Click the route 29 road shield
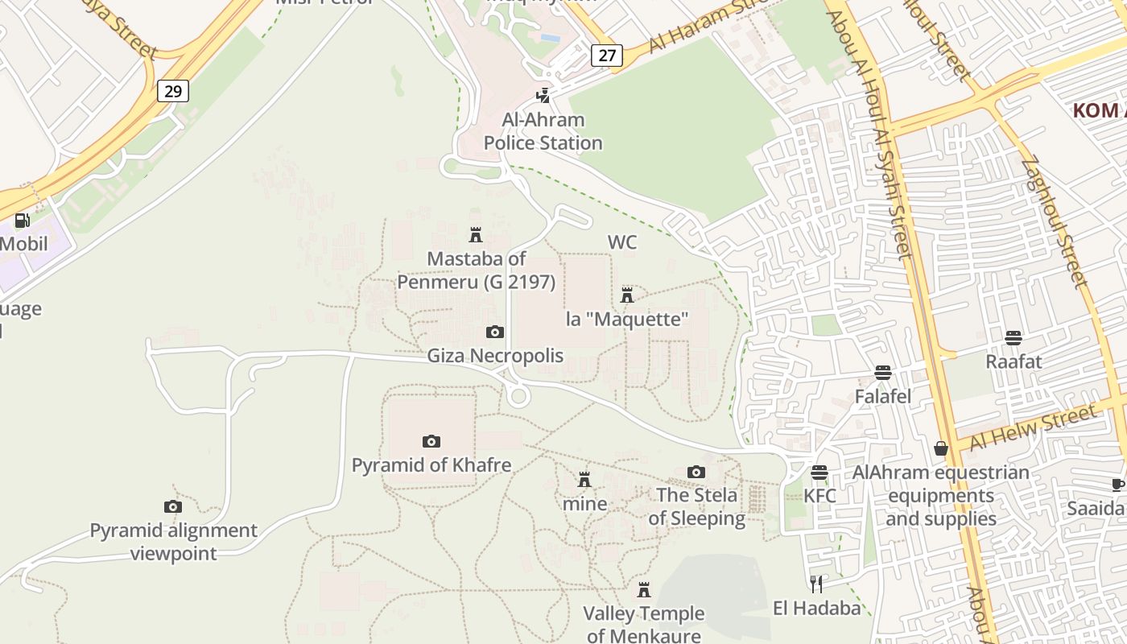[173, 91]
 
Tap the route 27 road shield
[606, 55]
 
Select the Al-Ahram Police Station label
[543, 131]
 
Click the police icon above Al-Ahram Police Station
[543, 96]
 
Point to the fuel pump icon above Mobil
[23, 220]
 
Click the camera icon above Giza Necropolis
[495, 332]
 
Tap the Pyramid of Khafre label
[431, 465]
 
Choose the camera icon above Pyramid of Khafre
[431, 441]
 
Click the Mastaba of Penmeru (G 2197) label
[476, 270]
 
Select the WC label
[622, 242]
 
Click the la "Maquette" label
[628, 320]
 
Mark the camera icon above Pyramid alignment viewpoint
[173, 506]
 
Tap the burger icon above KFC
[819, 473]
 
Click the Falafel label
[883, 396]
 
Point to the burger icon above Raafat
[1013, 337]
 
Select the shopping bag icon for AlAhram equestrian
[940, 448]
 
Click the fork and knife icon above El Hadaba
[817, 584]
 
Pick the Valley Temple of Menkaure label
[644, 625]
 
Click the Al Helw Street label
[1034, 428]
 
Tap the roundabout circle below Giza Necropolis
[518, 395]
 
